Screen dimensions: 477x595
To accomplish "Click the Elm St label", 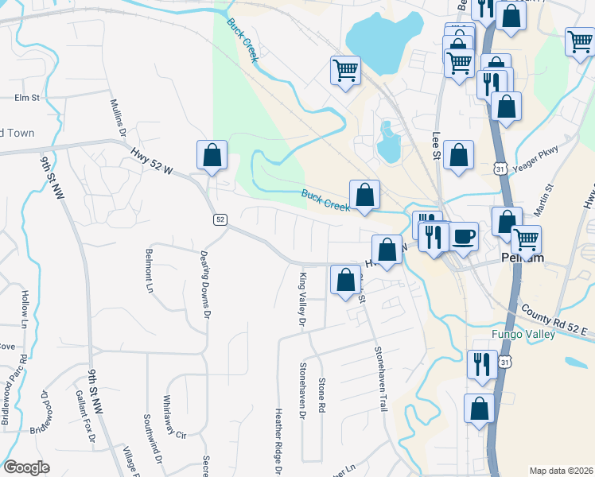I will tap(27, 98).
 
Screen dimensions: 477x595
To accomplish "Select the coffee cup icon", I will tap(465, 236).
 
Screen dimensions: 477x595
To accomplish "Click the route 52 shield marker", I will tap(220, 219).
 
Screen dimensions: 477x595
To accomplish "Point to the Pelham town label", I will tap(524, 258).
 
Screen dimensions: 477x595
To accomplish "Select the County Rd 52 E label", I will tap(555, 316).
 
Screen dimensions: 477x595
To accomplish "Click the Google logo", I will tap(26, 467).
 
